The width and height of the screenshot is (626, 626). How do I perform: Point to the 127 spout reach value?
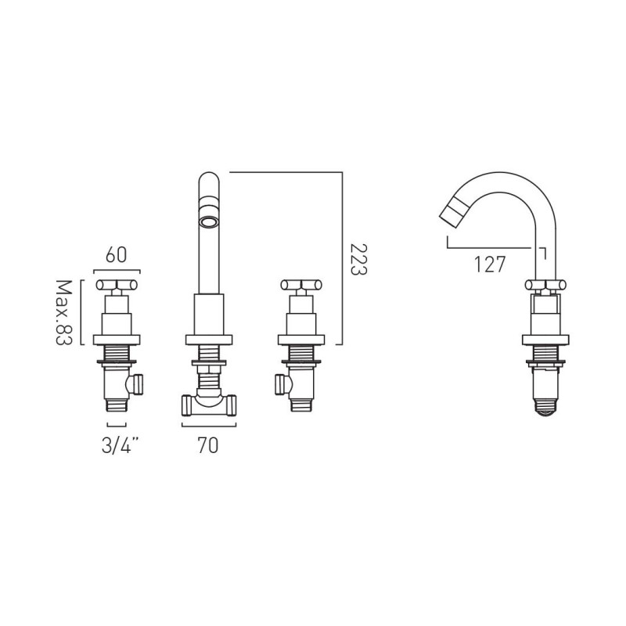(490, 264)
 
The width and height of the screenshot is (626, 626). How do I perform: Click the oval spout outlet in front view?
(209, 221)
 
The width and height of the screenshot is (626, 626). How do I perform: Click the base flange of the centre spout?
(208, 340)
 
